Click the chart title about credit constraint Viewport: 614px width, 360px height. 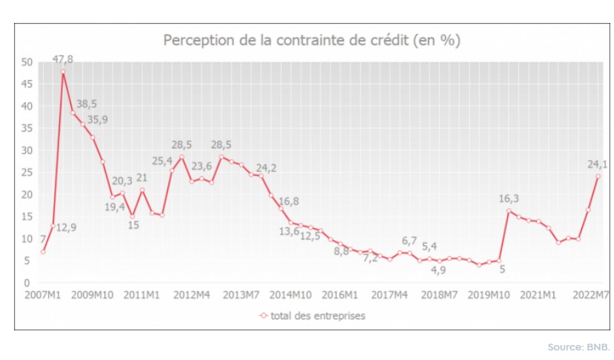tap(311, 40)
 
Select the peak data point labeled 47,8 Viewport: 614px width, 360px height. tap(63, 72)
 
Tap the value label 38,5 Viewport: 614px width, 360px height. tap(87, 104)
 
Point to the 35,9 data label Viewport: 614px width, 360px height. tap(97, 119)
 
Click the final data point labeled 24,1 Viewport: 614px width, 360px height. tap(598, 176)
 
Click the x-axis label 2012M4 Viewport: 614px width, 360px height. tap(190, 295)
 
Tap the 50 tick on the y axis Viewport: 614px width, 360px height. tap(27, 62)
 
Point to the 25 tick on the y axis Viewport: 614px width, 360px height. tap(27, 173)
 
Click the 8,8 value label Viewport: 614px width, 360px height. tap(341, 251)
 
